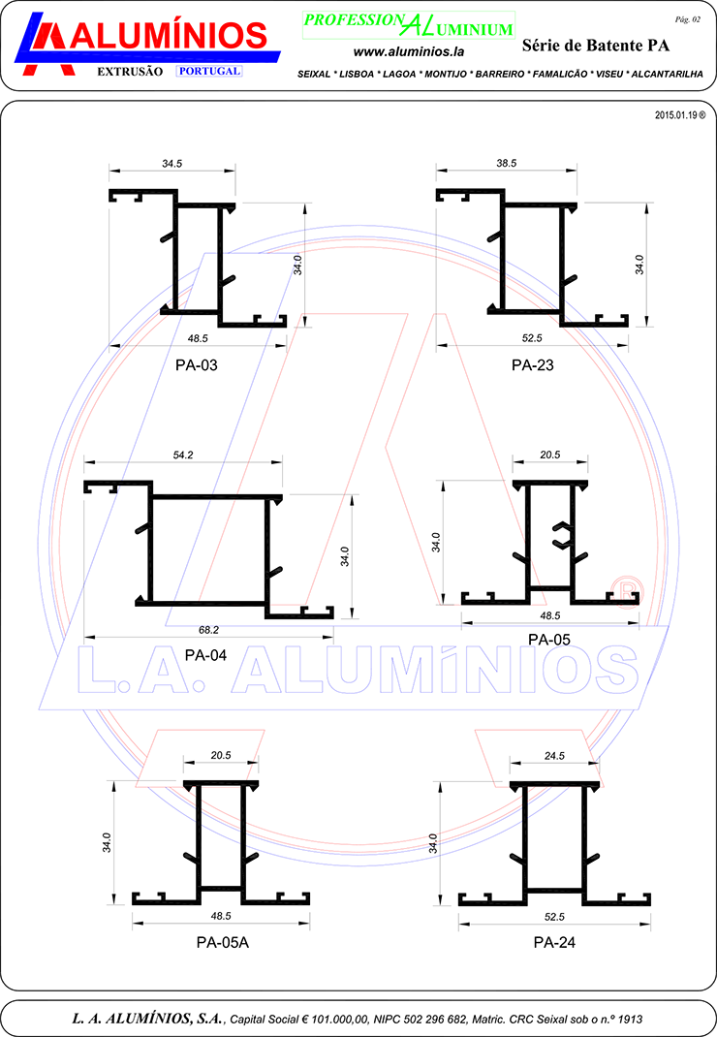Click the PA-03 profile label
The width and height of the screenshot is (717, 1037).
pos(197,365)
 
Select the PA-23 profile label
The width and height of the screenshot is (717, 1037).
pos(533,365)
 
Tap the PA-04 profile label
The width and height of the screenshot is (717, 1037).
pos(205,655)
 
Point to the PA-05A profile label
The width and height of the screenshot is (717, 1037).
pos(223,942)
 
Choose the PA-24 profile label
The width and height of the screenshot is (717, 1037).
pos(554,942)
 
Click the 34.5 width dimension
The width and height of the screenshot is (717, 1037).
pos(171,164)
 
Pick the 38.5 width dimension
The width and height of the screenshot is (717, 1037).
pos(507,164)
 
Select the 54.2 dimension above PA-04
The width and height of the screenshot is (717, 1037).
pos(183,455)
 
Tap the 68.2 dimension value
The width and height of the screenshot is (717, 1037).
pos(208,630)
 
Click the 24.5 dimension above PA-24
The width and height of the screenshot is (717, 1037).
pos(554,756)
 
